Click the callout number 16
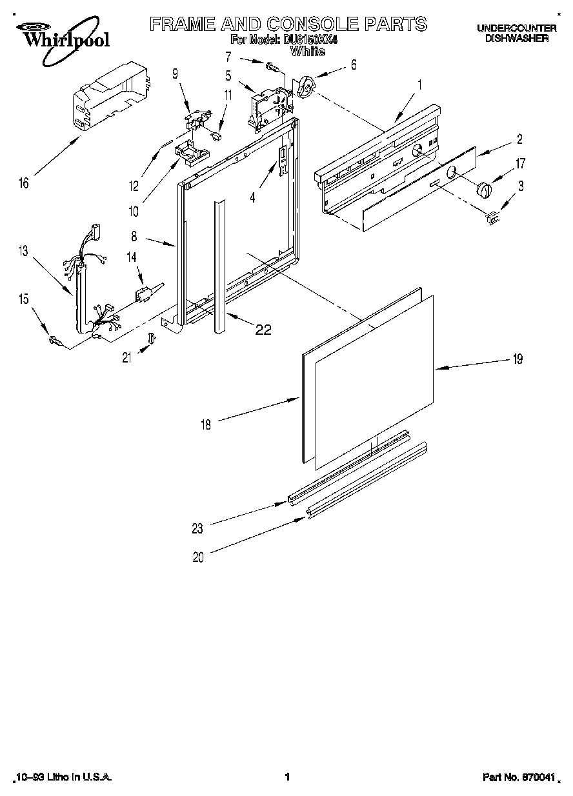click(24, 184)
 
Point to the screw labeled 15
click(55, 339)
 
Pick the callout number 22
click(263, 330)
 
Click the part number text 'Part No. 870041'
click(518, 778)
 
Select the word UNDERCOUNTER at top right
click(516, 28)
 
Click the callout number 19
click(517, 360)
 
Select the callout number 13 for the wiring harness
click(24, 252)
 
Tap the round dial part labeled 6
click(307, 86)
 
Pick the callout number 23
click(197, 529)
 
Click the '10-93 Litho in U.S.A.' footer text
click(63, 778)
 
